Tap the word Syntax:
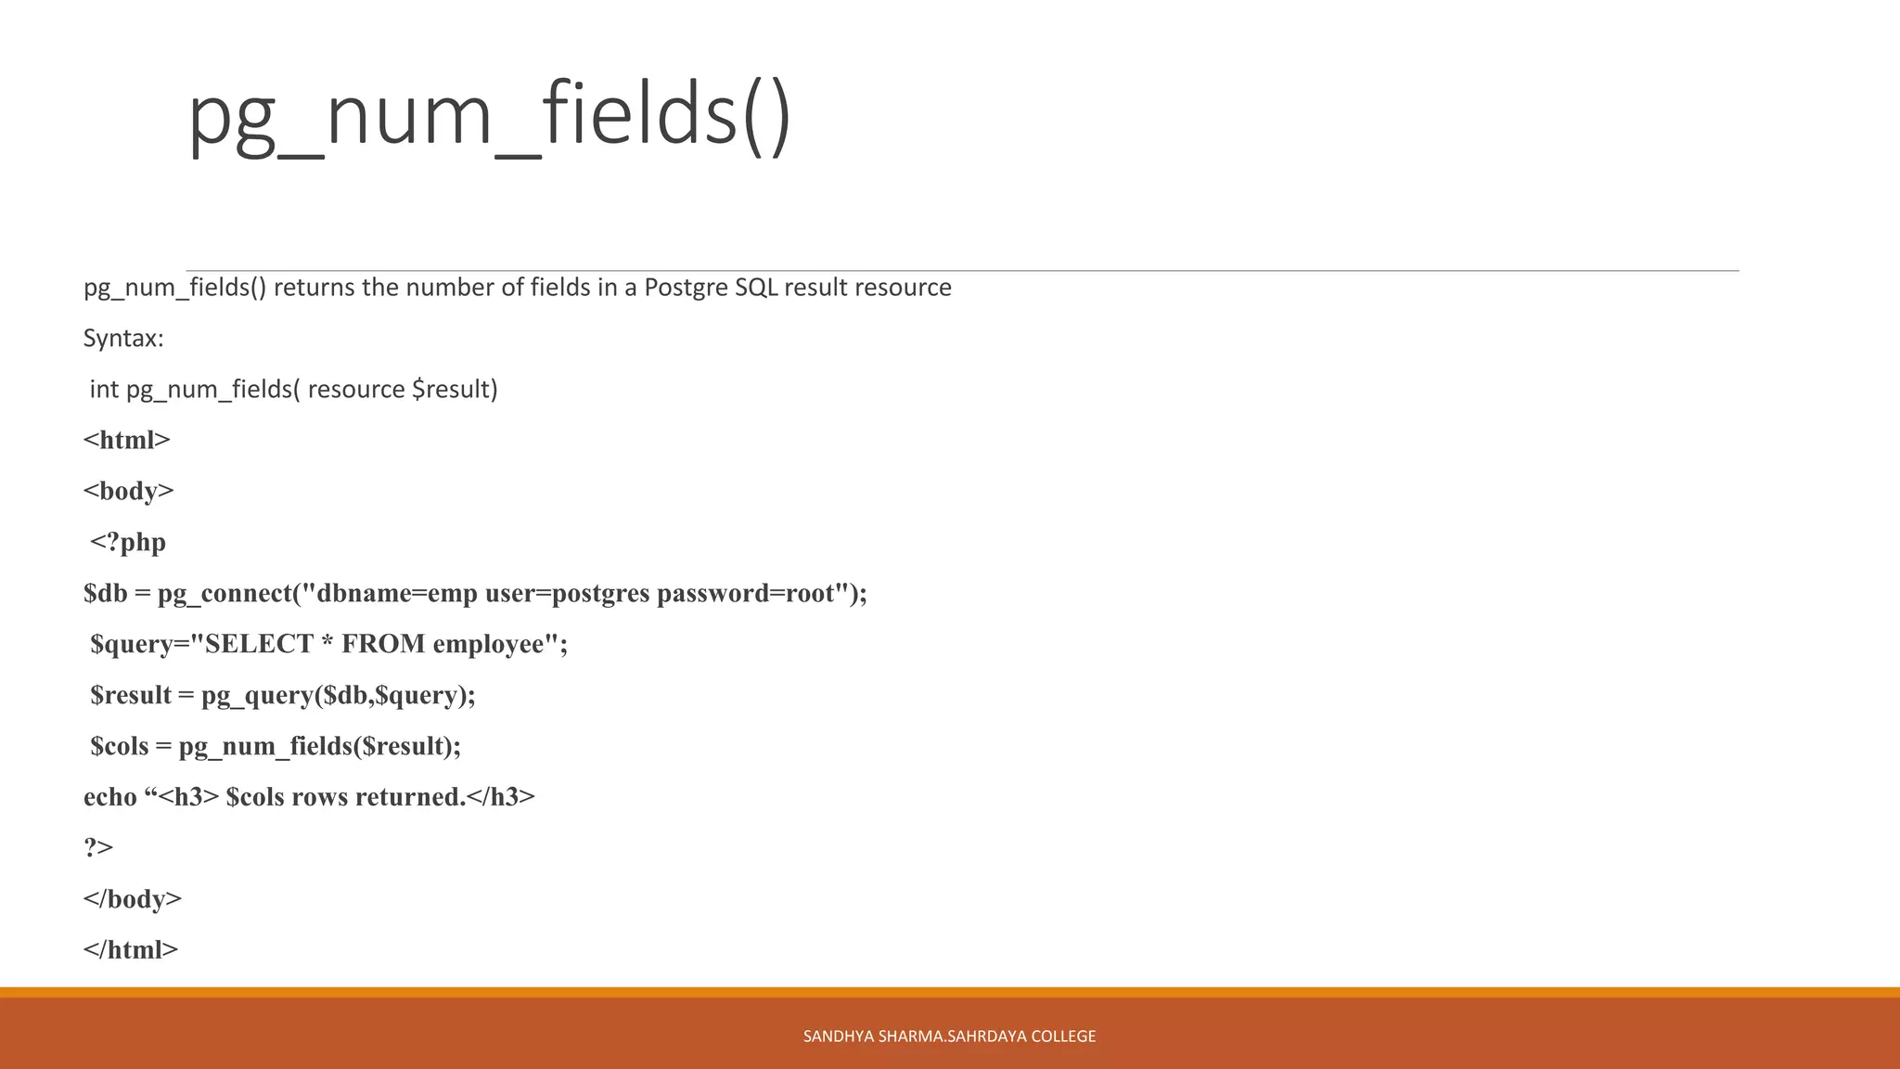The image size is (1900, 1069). click(123, 339)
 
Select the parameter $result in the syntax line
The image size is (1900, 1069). click(455, 390)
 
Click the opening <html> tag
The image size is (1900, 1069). click(127, 440)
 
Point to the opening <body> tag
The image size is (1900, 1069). click(129, 491)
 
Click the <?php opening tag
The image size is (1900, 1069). click(128, 542)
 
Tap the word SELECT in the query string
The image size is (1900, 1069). click(259, 644)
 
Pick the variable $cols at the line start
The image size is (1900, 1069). click(119, 746)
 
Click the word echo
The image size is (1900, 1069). click(109, 797)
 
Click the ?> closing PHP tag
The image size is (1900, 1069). click(98, 847)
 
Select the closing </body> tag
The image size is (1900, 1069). click(133, 899)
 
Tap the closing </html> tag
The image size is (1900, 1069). click(131, 950)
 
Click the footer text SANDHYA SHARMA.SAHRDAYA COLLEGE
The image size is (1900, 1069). click(949, 1037)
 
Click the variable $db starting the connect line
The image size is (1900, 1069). click(105, 593)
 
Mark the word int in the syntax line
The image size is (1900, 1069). click(104, 390)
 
